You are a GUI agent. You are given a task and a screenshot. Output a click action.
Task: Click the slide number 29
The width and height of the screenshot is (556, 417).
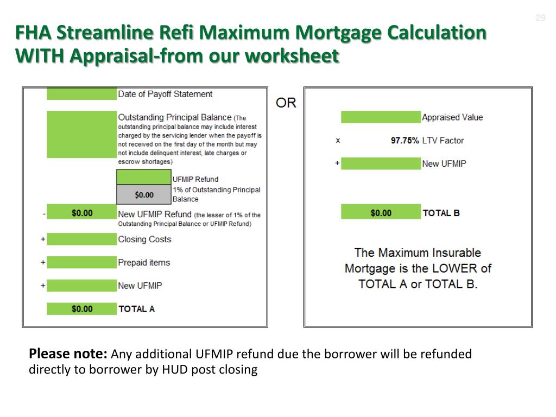tap(540, 18)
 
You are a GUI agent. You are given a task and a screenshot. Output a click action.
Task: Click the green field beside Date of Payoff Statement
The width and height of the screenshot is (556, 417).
tap(81, 94)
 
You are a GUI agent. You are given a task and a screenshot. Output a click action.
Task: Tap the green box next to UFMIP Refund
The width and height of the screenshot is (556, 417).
tap(144, 177)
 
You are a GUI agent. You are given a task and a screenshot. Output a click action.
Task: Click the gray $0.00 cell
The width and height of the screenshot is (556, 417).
tap(144, 194)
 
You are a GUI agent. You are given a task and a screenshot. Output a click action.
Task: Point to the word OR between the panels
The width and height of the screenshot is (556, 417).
tap(286, 103)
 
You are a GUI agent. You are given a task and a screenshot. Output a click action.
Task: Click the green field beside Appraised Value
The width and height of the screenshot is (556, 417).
tap(381, 117)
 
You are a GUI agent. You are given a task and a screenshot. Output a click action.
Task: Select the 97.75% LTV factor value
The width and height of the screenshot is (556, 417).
tap(405, 141)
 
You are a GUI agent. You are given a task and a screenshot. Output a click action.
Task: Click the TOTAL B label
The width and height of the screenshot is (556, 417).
tap(441, 213)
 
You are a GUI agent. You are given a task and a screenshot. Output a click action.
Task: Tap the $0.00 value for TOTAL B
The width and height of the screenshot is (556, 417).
tap(381, 213)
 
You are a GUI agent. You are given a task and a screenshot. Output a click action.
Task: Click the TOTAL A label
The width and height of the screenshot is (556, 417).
tap(136, 309)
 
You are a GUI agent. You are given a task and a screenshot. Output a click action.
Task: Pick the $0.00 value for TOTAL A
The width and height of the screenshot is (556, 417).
tap(82, 309)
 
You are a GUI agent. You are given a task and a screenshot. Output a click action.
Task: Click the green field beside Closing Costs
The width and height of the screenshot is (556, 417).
tap(81, 239)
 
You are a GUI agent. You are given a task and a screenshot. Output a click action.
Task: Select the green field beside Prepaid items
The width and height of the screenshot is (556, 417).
tap(81, 263)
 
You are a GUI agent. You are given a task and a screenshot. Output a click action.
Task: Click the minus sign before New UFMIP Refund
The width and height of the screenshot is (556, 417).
tap(43, 213)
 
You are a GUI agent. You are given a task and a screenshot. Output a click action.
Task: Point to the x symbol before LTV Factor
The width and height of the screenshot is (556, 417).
tap(338, 141)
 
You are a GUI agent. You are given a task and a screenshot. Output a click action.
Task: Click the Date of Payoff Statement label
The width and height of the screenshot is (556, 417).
tap(165, 94)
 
